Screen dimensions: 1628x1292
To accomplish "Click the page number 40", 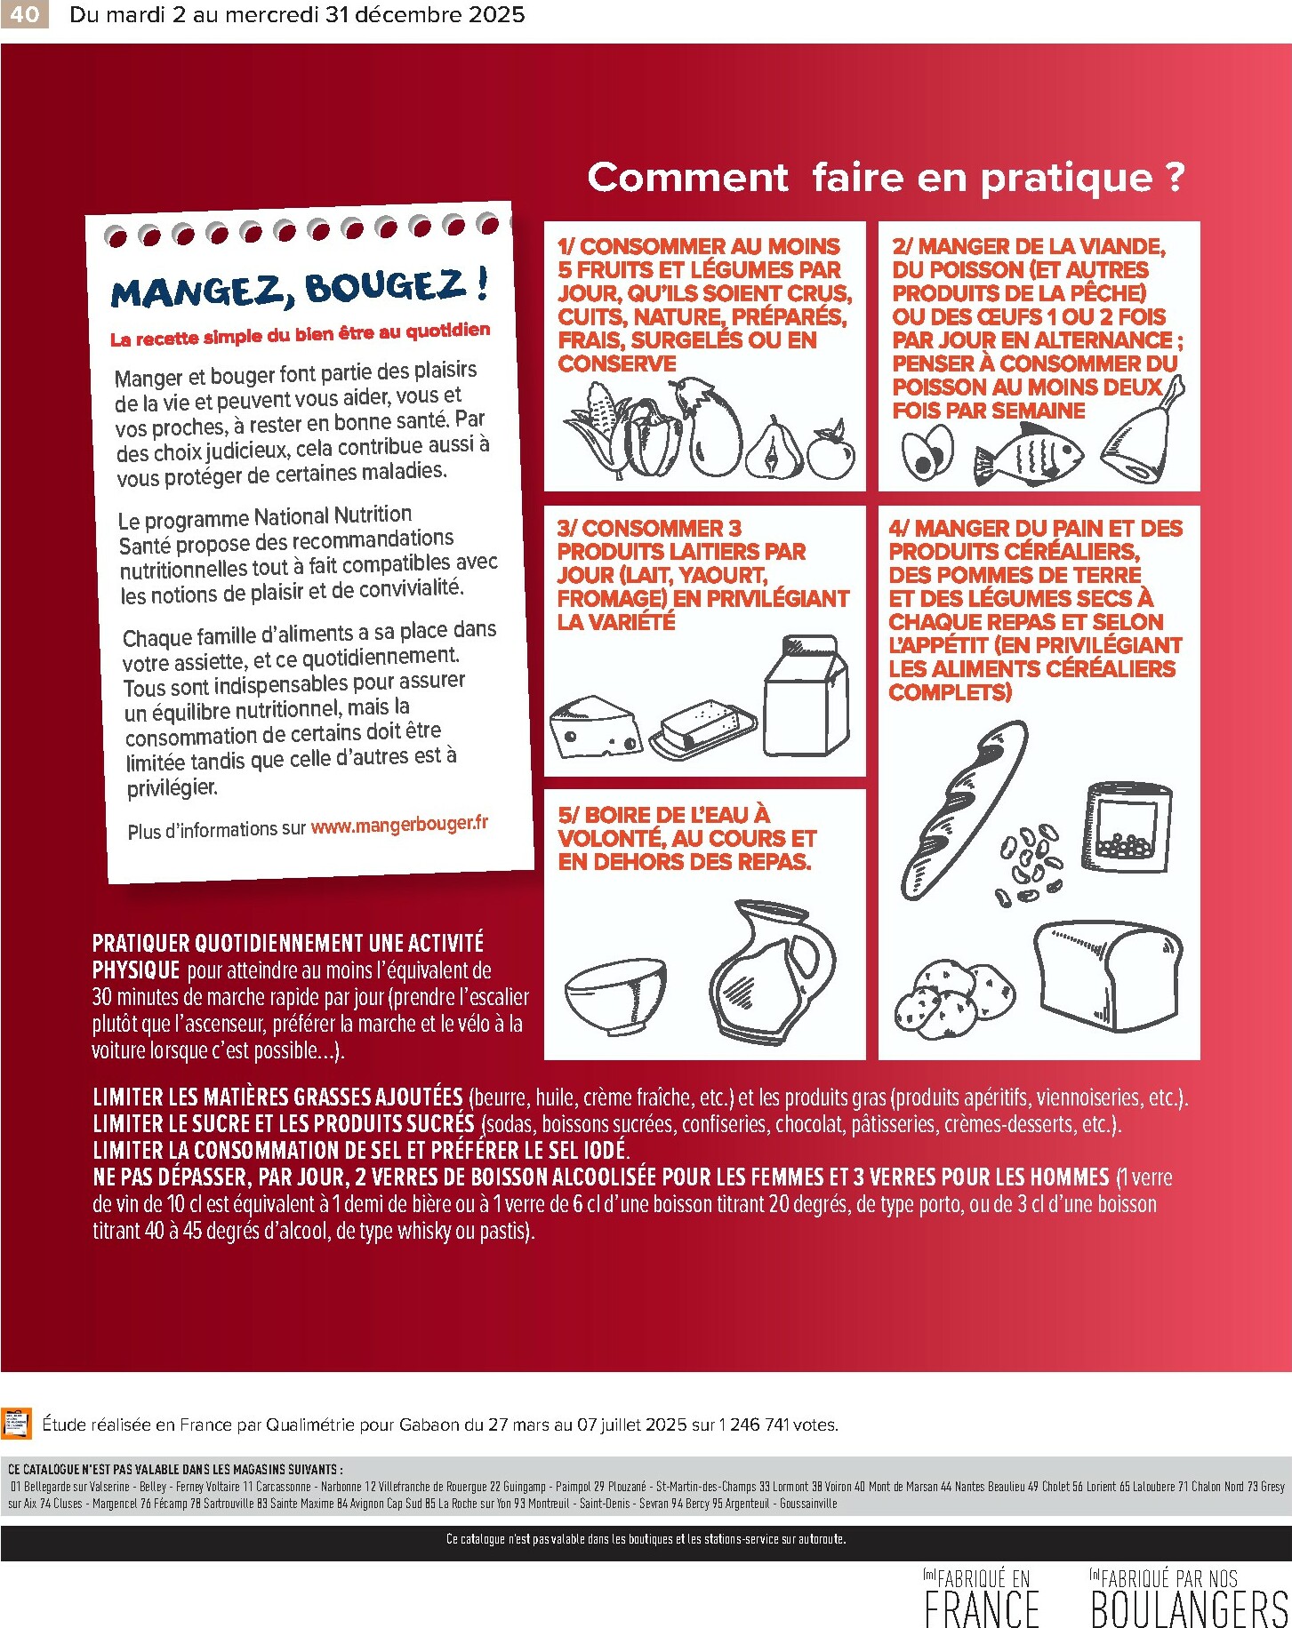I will [x=24, y=14].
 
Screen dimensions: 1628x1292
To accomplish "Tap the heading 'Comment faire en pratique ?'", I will [x=886, y=177].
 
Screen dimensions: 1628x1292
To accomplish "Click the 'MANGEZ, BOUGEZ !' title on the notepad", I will [x=300, y=289].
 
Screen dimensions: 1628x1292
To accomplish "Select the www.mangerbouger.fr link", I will [x=399, y=825].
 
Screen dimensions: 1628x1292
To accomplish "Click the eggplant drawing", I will [x=712, y=430].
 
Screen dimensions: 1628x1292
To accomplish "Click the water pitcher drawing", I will [x=772, y=971].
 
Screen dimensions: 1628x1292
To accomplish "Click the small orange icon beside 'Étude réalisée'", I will [x=16, y=1423].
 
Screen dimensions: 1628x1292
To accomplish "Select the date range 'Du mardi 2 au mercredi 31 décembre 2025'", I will [x=297, y=14].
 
